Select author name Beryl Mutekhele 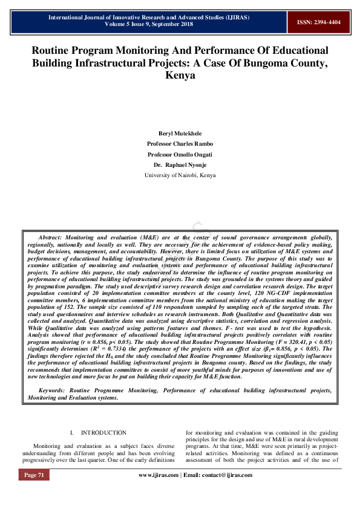pyautogui.click(x=180, y=132)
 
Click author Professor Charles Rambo pyautogui.click(x=180, y=143)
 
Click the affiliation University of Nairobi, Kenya pyautogui.click(x=180, y=175)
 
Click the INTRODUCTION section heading pyautogui.click(x=103, y=433)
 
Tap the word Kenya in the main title pyautogui.click(x=180, y=77)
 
